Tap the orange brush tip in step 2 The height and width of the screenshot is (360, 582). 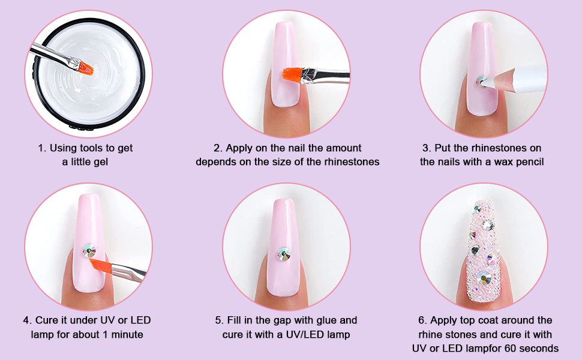point(290,76)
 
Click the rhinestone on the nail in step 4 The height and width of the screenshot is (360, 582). point(89,251)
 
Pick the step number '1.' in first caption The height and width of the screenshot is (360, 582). point(42,148)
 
